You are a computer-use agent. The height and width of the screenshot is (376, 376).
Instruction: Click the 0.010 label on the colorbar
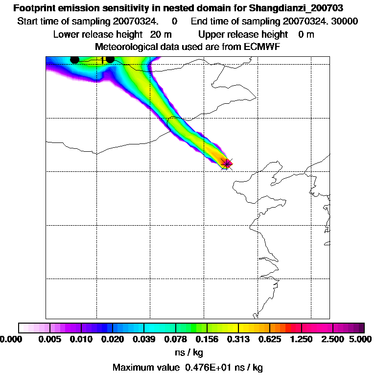(x=81, y=339)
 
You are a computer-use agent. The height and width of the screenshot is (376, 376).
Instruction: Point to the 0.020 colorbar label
(x=113, y=339)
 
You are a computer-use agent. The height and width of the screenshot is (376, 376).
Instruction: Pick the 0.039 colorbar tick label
(x=144, y=339)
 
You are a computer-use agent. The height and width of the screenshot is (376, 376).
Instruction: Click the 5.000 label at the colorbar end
(x=361, y=339)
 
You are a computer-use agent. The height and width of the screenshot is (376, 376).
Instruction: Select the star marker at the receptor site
(x=226, y=163)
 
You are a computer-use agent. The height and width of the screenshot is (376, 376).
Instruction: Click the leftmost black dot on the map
(x=74, y=60)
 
